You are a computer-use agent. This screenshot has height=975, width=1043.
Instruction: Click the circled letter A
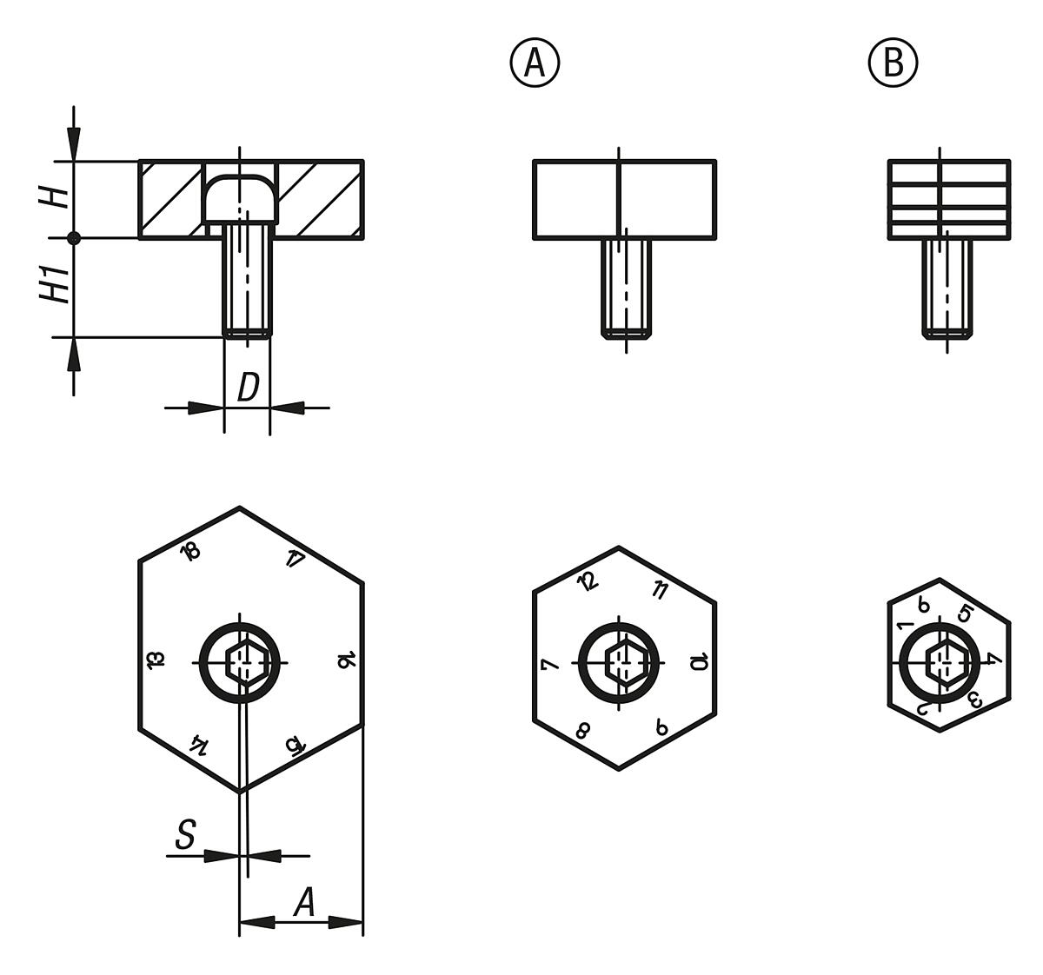[x=535, y=63]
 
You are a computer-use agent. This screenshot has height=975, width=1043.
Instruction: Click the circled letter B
[x=893, y=63]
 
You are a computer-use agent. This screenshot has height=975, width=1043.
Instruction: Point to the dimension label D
[x=248, y=388]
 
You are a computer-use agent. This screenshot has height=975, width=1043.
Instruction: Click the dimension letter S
[x=185, y=836]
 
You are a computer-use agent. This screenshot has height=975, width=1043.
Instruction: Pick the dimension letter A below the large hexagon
[x=303, y=903]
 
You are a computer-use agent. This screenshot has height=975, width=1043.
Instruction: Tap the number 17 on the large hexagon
[x=295, y=559]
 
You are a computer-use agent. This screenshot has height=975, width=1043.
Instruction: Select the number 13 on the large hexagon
[x=156, y=660]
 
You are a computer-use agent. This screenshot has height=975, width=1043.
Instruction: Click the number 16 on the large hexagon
[x=344, y=661]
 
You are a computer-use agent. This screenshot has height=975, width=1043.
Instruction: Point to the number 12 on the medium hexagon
[x=588, y=581]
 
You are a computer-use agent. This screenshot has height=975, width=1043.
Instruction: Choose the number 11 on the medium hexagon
[x=659, y=591]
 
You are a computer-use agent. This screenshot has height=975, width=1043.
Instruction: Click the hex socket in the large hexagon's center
[x=242, y=663]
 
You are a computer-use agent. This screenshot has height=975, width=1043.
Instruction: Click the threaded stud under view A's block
[x=625, y=288]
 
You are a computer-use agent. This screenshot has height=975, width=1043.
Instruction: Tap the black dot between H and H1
[x=74, y=237]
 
